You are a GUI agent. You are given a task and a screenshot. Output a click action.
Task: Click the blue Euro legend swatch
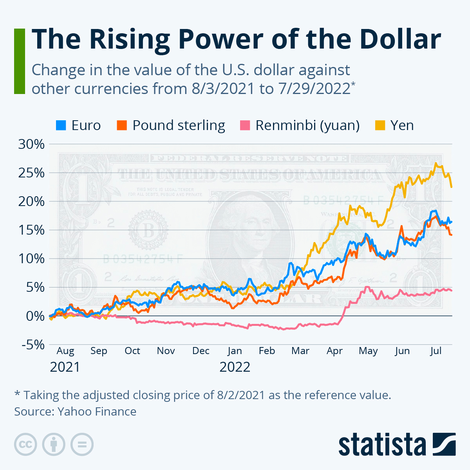click(x=61, y=125)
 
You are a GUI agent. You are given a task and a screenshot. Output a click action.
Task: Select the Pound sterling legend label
click(x=179, y=125)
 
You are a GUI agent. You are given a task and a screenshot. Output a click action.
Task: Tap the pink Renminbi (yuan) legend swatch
click(x=244, y=125)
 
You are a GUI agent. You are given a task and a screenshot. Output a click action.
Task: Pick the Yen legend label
click(x=402, y=125)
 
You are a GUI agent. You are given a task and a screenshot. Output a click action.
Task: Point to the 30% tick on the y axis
click(x=31, y=144)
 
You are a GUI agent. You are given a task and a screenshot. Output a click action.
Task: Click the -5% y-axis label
click(x=31, y=345)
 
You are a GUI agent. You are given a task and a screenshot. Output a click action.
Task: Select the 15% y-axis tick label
click(x=31, y=230)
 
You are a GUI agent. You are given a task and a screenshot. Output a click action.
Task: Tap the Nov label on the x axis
click(x=166, y=351)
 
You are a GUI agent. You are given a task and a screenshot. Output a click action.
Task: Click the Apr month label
click(x=334, y=351)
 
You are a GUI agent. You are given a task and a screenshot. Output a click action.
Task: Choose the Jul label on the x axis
click(x=436, y=351)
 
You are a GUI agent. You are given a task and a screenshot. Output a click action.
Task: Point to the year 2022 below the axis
click(x=235, y=367)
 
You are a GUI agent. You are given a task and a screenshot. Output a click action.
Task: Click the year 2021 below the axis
click(x=65, y=367)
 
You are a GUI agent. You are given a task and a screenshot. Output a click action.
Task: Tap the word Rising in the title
click(x=129, y=39)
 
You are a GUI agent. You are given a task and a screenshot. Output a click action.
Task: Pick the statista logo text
click(x=382, y=445)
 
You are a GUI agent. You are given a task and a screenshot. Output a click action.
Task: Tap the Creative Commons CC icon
click(x=25, y=445)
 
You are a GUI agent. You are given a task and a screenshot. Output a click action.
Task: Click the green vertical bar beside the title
click(x=19, y=61)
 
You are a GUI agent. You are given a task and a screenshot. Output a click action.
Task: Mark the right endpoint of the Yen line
click(x=452, y=187)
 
